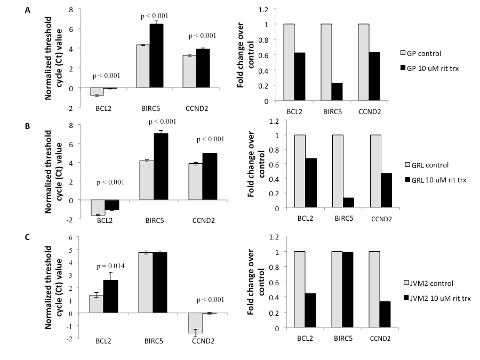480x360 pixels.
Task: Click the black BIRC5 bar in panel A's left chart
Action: [x=156, y=55]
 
